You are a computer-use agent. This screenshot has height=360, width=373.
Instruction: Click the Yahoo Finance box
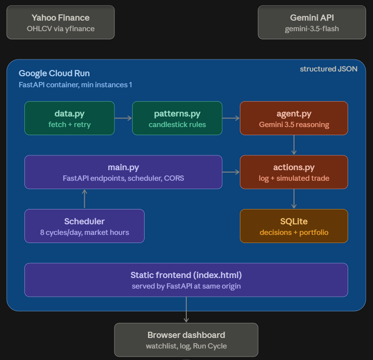click(x=60, y=23)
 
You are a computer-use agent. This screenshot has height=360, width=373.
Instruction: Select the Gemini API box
click(x=312, y=23)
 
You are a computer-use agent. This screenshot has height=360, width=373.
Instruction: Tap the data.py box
click(x=69, y=118)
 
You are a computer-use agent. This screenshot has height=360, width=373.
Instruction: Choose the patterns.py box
click(x=177, y=118)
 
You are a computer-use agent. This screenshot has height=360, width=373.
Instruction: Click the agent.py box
click(x=294, y=118)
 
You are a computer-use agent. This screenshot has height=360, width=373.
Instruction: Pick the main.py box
click(x=123, y=172)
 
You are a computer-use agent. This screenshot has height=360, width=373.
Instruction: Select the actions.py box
click(x=294, y=172)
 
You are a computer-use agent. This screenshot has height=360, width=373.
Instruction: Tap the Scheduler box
click(x=84, y=226)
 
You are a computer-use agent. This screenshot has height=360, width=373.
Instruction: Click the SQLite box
click(x=294, y=226)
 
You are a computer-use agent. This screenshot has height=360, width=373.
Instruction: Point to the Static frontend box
click(x=186, y=280)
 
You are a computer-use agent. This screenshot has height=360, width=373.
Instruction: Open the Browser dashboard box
click(x=186, y=340)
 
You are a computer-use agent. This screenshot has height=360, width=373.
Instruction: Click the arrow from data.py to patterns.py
click(x=123, y=118)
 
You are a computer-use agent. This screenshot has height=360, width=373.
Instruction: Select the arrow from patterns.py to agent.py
click(x=231, y=118)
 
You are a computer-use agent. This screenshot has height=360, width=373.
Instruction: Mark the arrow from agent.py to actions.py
click(x=294, y=145)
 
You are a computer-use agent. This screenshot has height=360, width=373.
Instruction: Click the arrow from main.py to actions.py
click(x=231, y=172)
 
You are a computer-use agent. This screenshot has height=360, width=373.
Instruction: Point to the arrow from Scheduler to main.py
click(x=84, y=199)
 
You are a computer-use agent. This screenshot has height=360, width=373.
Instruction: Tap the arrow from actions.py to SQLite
click(x=294, y=199)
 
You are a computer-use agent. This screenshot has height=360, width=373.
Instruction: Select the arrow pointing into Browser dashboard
click(x=186, y=310)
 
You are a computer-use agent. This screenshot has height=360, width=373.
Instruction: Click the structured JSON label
click(x=328, y=69)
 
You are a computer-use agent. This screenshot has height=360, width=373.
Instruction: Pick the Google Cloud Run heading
click(x=54, y=73)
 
